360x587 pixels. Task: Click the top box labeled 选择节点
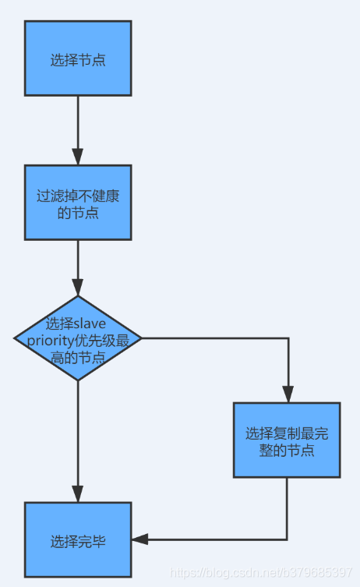coord(78,58)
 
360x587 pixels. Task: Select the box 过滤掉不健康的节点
coord(78,203)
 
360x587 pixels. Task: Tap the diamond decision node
coord(78,338)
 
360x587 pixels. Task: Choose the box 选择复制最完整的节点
coord(287,440)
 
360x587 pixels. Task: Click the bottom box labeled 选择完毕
coord(78,539)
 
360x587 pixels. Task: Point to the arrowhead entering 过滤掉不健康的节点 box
coord(78,157)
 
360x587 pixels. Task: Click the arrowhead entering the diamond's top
coord(78,288)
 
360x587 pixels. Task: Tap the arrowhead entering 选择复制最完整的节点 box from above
coord(288,394)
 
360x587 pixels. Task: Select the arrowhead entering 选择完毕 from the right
coord(140,539)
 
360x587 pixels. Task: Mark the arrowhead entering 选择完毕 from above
coord(78,494)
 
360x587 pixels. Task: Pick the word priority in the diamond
coord(51,341)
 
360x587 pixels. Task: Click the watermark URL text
coord(260,572)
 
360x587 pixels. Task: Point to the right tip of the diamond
coord(142,338)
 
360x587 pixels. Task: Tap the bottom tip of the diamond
coord(78,380)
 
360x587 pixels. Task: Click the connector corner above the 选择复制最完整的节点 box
coord(288,338)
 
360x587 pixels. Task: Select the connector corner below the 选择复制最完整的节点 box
coord(287,539)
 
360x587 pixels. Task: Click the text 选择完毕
coord(78,541)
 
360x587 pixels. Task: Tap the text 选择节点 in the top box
coord(78,60)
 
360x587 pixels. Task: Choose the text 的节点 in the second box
coord(78,213)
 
